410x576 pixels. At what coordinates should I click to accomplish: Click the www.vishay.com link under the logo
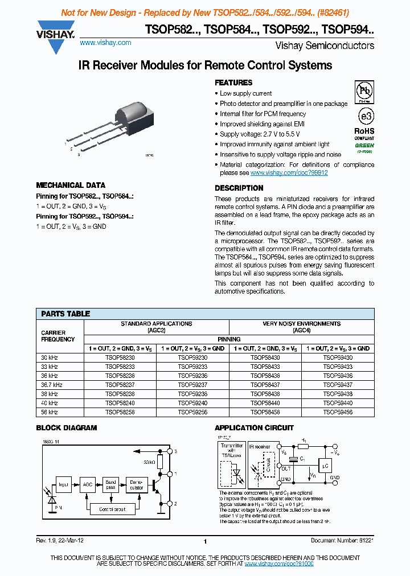(105, 43)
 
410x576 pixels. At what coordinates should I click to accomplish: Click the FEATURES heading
(233, 83)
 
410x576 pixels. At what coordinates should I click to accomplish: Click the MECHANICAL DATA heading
(71, 185)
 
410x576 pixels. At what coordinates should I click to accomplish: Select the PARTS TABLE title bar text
(65, 314)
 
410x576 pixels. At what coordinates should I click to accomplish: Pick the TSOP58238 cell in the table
(120, 394)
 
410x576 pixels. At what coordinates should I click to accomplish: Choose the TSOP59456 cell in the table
(338, 412)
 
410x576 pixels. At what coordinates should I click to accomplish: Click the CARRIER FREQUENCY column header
(58, 336)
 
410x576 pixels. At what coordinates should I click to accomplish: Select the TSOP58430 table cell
(265, 357)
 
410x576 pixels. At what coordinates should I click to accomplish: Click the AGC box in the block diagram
(88, 484)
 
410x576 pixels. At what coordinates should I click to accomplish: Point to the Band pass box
(110, 484)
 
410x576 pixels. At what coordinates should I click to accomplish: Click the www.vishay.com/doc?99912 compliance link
(289, 172)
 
